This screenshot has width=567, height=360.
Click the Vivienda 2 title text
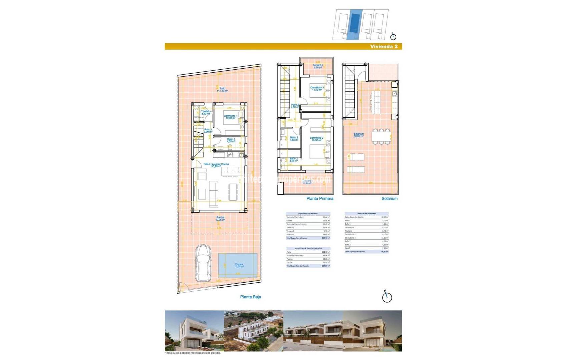[384, 47]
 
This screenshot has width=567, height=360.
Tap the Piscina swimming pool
[238, 265]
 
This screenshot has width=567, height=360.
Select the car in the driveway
[203, 263]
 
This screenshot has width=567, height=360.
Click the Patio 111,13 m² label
[222, 90]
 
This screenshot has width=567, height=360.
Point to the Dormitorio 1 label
[230, 117]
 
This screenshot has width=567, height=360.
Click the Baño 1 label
[231, 140]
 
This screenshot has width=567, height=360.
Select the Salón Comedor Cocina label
[216, 165]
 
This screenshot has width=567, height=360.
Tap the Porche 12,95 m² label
[220, 219]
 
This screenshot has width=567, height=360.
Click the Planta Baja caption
[250, 297]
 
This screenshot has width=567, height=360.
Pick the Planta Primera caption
[320, 199]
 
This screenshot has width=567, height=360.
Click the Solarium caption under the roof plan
[389, 199]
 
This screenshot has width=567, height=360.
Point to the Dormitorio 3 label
[317, 89]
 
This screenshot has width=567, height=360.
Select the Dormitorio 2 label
[316, 139]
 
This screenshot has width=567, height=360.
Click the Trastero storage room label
[206, 113]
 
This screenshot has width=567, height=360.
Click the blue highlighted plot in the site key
[354, 25]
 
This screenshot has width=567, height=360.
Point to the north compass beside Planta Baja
[387, 297]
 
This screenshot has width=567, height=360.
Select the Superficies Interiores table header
[367, 214]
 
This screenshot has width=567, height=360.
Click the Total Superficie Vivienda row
[308, 238]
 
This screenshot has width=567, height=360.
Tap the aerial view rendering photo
[253, 331]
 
